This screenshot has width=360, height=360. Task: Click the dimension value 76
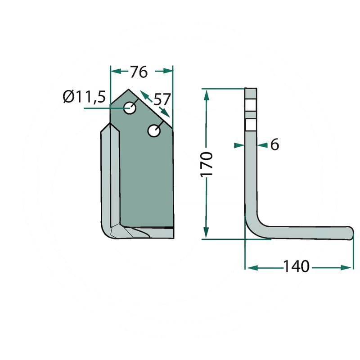[x=139, y=72]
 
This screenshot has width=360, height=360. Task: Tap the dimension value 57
[x=162, y=99]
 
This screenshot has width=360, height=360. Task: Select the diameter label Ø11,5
[x=84, y=97]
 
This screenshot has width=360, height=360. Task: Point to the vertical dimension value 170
[x=207, y=164]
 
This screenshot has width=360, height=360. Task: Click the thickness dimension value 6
[x=274, y=144]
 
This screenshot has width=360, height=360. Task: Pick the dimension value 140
[x=297, y=266]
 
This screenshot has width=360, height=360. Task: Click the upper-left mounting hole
[x=130, y=108]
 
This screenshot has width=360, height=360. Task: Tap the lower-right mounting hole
[x=154, y=130]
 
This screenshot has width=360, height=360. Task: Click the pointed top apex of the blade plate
[x=128, y=89]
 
